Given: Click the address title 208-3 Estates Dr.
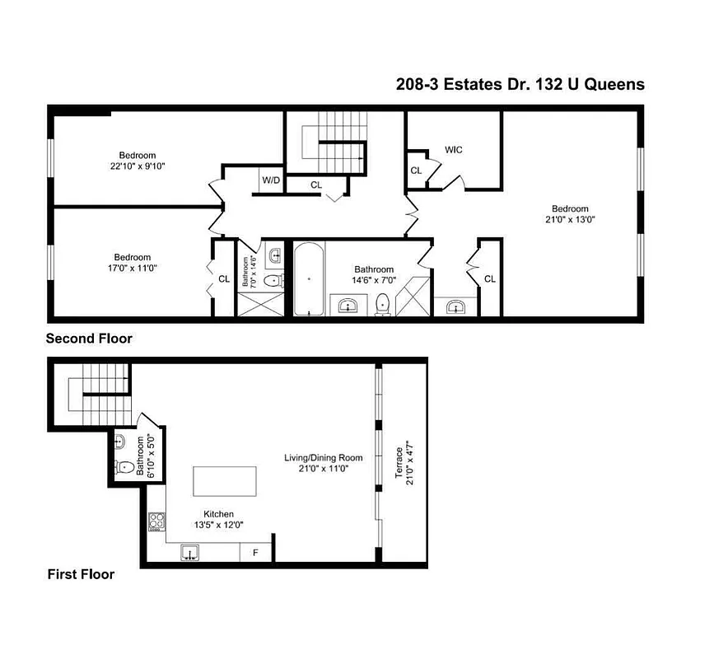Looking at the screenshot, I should [x=517, y=84].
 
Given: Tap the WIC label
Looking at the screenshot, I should [x=454, y=150].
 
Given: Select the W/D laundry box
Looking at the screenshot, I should [x=270, y=180].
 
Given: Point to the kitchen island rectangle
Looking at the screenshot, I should [x=224, y=480].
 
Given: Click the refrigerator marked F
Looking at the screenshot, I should [x=255, y=553].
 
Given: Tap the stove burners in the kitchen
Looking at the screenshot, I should [x=156, y=521].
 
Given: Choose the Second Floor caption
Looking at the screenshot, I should [x=89, y=339].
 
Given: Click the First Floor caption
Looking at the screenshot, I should [x=81, y=574].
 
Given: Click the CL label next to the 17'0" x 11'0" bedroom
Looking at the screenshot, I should [x=224, y=279].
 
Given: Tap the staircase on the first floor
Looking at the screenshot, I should [x=100, y=395].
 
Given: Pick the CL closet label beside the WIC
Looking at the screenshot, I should [x=416, y=171].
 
